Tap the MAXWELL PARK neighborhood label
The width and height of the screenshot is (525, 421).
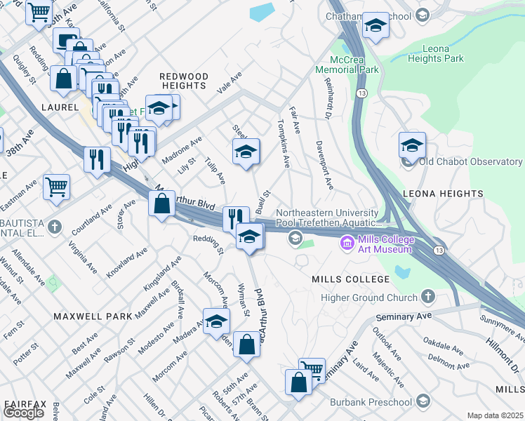click(93, 316)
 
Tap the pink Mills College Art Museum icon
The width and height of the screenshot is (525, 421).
click(347, 243)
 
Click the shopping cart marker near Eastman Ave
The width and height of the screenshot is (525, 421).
click(56, 187)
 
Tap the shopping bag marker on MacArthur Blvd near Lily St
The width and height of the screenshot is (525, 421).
click(162, 204)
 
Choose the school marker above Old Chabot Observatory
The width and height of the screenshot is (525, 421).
click(412, 145)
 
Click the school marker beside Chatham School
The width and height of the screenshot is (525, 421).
click(376, 26)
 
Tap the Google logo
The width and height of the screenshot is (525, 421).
click(24, 413)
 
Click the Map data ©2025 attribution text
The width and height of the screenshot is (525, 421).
click(495, 415)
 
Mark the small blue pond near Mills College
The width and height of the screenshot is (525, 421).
click(401, 271)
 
